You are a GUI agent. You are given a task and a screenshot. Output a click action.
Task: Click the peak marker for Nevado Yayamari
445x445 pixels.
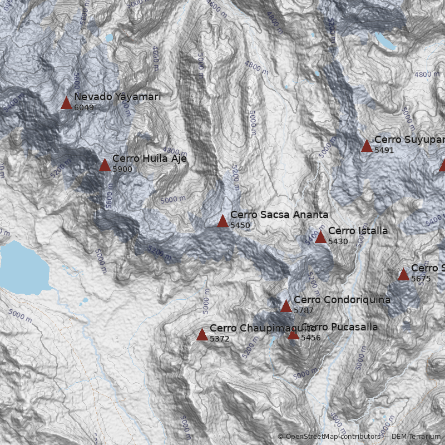(66, 103)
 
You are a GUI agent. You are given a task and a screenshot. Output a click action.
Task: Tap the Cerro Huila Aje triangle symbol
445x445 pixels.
(105, 165)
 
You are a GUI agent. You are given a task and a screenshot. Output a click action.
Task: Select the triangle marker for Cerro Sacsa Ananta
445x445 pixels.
(222, 221)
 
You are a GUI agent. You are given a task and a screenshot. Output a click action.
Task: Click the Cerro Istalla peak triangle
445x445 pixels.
(320, 238)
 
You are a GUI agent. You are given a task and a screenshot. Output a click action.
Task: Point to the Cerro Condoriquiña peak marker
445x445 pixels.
(286, 306)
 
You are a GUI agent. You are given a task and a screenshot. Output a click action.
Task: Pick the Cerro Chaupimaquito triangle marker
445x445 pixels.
(202, 335)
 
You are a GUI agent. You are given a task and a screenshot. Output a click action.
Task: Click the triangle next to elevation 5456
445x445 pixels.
(293, 334)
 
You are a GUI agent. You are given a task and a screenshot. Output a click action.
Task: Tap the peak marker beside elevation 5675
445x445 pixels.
(403, 275)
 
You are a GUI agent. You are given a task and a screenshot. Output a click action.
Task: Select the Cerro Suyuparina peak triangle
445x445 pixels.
(367, 146)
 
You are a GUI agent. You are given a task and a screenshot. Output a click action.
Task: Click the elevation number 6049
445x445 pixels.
(84, 107)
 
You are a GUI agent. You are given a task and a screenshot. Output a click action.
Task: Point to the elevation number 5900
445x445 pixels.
(122, 169)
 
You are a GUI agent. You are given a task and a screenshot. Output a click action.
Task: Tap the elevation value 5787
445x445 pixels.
(304, 310)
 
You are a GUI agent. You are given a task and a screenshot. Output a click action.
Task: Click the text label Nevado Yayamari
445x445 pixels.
(117, 97)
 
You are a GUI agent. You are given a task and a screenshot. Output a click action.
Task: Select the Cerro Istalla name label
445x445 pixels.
(358, 231)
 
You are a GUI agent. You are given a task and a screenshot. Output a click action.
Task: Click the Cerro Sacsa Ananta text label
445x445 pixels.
(279, 215)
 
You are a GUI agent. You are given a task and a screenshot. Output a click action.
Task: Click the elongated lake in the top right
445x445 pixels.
(384, 41)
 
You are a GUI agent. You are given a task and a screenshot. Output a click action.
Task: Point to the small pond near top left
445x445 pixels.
(109, 38)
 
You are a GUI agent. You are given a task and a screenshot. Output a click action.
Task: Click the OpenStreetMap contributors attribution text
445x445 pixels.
(332, 437)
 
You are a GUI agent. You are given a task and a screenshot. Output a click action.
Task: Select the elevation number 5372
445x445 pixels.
(220, 338)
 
